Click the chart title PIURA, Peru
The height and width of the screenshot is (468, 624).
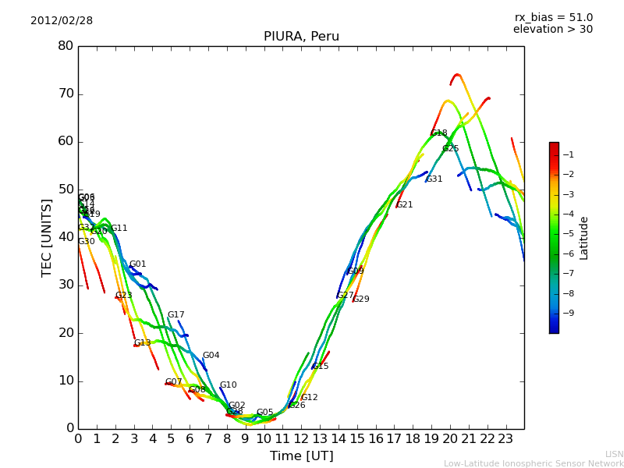coord(301,37)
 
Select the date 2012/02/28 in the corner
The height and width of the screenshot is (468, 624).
coord(62,21)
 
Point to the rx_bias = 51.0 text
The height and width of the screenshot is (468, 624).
coord(553,17)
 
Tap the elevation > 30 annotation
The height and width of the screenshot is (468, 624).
coord(552,30)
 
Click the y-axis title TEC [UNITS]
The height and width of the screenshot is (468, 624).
coord(47,237)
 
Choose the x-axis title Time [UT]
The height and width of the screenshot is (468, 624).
coord(301,456)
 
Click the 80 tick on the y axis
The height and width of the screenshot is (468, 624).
coord(66,46)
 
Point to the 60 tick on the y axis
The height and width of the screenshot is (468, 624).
coord(66,141)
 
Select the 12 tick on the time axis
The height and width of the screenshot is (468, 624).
coord(301,439)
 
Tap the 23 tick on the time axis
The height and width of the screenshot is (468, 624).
coord(505,439)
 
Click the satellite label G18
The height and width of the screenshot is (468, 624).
coord(439,133)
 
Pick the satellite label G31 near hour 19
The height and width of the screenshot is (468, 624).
coord(434,179)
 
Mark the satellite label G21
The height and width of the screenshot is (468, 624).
coord(405,205)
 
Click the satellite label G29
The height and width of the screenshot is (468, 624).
coord(361,300)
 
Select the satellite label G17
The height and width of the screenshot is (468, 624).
coord(175,315)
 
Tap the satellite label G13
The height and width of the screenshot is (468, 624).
coord(142,343)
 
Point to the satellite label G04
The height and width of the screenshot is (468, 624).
coord(211,356)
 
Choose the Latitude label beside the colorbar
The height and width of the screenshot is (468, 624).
coord(583,238)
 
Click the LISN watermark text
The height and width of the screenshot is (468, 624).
coord(614,454)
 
